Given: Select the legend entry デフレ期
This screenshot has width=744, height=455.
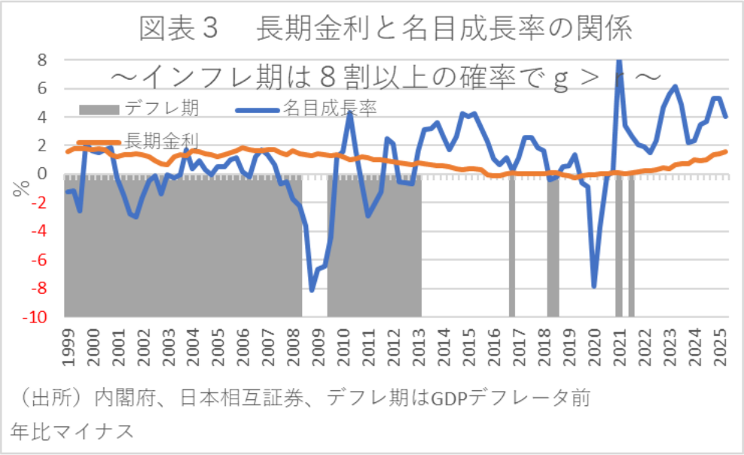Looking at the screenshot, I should click(161, 108).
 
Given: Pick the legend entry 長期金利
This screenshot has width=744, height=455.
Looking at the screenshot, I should click(160, 141).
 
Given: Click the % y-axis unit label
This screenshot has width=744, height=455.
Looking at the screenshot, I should click(18, 188).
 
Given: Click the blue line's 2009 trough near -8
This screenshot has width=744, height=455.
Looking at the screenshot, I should click(312, 289).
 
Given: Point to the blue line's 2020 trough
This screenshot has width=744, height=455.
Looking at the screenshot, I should click(594, 286).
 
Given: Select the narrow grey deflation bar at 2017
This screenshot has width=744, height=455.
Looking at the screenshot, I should click(512, 245).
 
